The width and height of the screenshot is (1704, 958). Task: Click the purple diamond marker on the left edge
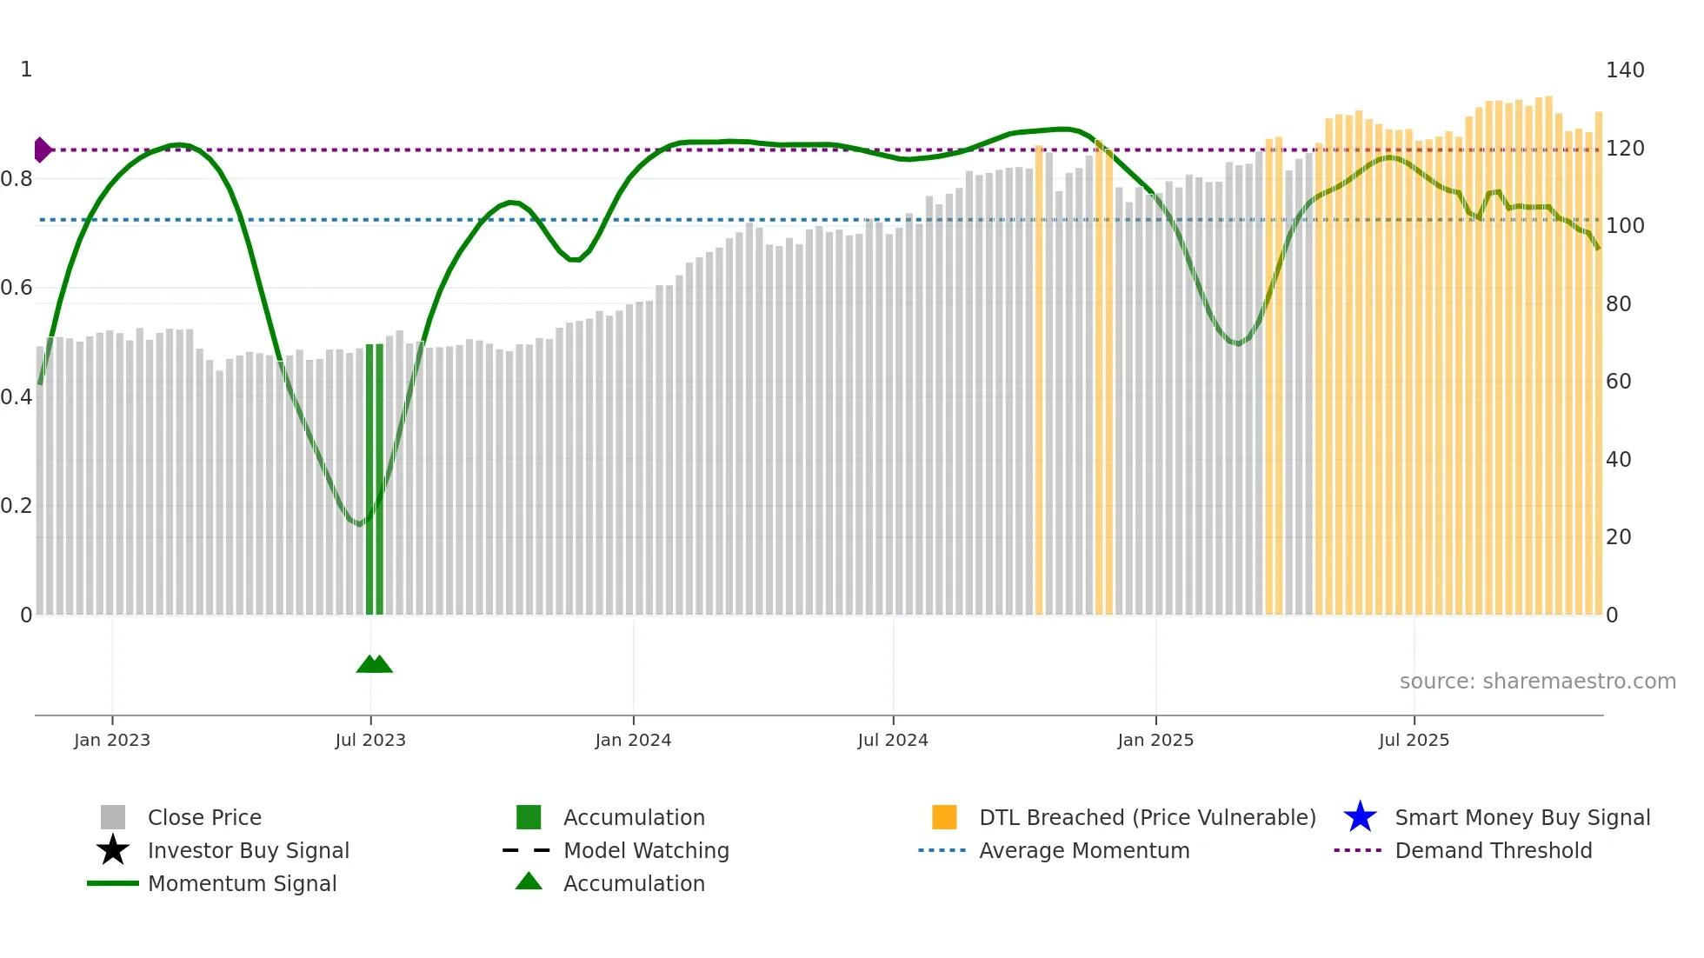pos(42,150)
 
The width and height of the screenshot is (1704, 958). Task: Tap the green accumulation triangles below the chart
pos(374,664)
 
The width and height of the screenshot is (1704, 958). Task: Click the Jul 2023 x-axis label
pos(370,740)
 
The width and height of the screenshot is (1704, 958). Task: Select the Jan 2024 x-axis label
pos(633,740)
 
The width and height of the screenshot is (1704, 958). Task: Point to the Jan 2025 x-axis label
pos(1155,740)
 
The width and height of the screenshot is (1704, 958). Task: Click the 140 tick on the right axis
pos(1624,70)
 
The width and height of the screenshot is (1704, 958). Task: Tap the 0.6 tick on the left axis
pos(16,288)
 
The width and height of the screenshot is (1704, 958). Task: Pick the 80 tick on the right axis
pos(1618,304)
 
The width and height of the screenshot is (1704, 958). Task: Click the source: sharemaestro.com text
pos(1537,682)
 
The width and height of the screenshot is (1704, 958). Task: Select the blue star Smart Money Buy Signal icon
pos(1360,817)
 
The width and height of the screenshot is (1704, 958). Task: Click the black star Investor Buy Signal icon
pos(113,850)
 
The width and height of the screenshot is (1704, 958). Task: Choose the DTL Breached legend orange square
pos(944,817)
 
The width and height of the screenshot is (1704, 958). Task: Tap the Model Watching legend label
pos(646,850)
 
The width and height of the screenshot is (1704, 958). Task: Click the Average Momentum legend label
pos(1084,850)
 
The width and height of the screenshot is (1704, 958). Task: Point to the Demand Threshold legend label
pos(1493,850)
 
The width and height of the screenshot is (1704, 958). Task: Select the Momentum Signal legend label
pos(242,883)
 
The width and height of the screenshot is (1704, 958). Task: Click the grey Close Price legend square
pos(113,817)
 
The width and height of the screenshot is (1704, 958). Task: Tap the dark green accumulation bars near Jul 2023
pos(375,478)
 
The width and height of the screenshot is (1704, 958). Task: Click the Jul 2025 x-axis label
pos(1414,740)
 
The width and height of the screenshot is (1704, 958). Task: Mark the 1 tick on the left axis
pos(26,70)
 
